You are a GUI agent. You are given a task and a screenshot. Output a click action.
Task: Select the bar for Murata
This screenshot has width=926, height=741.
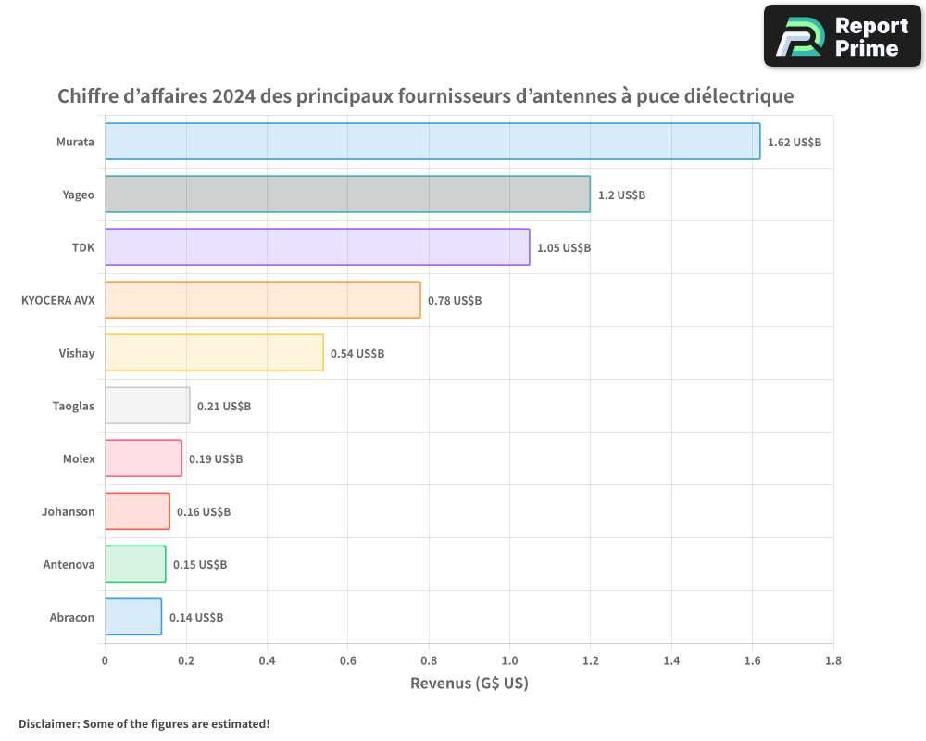pyautogui.click(x=432, y=142)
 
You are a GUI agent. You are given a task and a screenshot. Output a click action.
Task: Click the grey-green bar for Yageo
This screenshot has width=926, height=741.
pyautogui.click(x=347, y=195)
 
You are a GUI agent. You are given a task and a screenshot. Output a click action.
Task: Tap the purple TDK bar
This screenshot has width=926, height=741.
pyautogui.click(x=317, y=247)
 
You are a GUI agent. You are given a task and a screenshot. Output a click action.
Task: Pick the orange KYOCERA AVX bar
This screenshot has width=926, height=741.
pyautogui.click(x=262, y=300)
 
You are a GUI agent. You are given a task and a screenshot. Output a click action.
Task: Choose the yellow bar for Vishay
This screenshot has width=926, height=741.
pyautogui.click(x=214, y=353)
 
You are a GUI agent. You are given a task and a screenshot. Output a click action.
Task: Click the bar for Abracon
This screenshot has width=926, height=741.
pyautogui.click(x=133, y=617)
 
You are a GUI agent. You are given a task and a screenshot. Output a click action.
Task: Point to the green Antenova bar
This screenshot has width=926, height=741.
pyautogui.click(x=135, y=564)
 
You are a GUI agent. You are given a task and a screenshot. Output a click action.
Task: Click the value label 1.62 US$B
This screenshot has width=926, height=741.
pyautogui.click(x=795, y=143)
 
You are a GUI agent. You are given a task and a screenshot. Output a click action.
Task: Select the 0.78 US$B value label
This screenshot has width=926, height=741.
pyautogui.click(x=455, y=301)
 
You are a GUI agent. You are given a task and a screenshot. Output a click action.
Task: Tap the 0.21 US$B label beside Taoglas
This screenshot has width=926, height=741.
pyautogui.click(x=224, y=407)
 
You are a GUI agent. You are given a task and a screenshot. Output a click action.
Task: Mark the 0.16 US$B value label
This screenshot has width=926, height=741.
pyautogui.click(x=204, y=512)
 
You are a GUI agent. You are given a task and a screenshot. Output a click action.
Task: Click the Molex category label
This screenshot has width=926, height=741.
pyautogui.click(x=79, y=458)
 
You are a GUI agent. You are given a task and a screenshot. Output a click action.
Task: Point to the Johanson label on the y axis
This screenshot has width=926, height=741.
pyautogui.click(x=68, y=511)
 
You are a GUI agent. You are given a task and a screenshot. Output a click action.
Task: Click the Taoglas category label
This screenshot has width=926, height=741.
pyautogui.click(x=73, y=406)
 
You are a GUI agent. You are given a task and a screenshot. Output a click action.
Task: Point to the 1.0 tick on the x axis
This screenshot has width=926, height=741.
pyautogui.click(x=509, y=661)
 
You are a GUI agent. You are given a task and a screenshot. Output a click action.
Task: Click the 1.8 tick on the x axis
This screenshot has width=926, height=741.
pyautogui.click(x=832, y=661)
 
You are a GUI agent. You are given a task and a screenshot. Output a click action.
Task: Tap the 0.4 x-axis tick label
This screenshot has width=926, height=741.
pyautogui.click(x=267, y=661)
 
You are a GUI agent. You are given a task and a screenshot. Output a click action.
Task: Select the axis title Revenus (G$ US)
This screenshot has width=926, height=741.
pyautogui.click(x=469, y=684)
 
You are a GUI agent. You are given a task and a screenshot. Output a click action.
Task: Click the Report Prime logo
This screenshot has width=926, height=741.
pyautogui.click(x=842, y=36)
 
